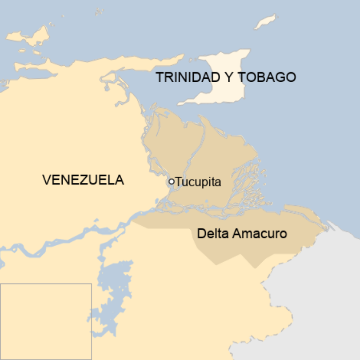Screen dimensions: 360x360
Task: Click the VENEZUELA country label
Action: (x=83, y=180)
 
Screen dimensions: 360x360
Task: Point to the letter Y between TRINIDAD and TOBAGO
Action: (x=228, y=77)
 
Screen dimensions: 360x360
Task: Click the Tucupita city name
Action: (x=198, y=182)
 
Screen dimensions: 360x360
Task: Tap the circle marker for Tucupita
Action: (x=171, y=182)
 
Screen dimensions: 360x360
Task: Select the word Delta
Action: (x=214, y=234)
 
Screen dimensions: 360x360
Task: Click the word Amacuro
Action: (x=260, y=234)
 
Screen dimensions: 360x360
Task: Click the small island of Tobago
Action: (x=265, y=22)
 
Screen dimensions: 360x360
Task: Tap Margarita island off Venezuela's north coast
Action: (x=29, y=36)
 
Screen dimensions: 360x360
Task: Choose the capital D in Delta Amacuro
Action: (x=201, y=234)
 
